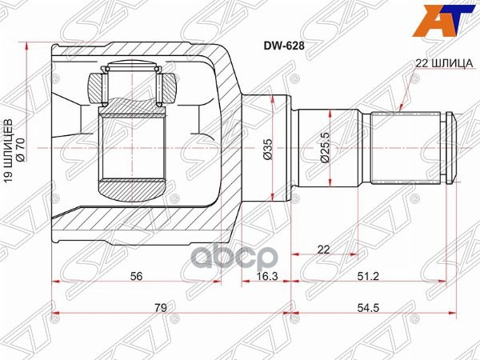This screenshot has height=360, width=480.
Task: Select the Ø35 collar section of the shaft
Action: pyautogui.click(x=264, y=120)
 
